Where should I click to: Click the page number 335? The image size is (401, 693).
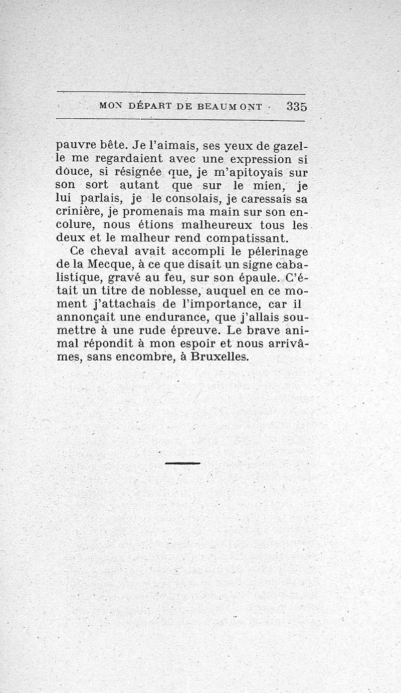pos(297,106)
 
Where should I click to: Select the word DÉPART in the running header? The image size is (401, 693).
pos(151,106)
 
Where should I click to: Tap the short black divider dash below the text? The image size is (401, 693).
pos(182,463)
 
